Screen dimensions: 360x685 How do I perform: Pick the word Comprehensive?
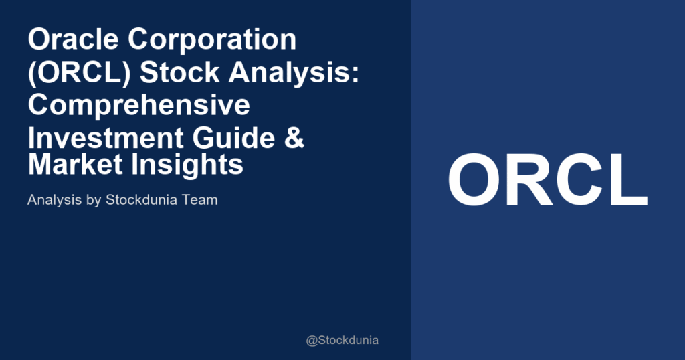tap(138, 106)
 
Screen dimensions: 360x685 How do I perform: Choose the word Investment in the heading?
tap(95, 138)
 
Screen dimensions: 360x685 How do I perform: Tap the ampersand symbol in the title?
tap(293, 138)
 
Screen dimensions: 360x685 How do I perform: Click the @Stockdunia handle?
tap(342, 340)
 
